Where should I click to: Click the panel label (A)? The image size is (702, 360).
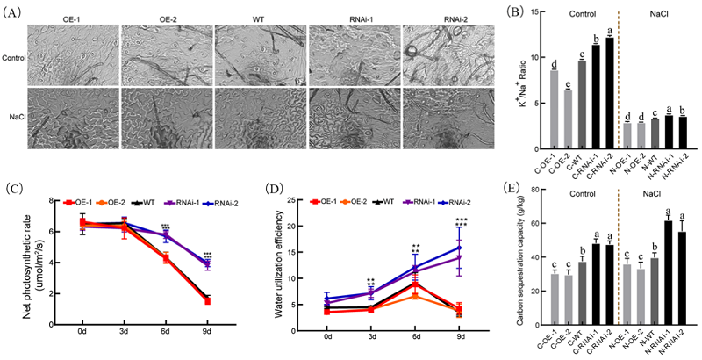click(x=15, y=8)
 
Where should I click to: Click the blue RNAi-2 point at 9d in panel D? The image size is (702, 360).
click(x=459, y=248)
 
